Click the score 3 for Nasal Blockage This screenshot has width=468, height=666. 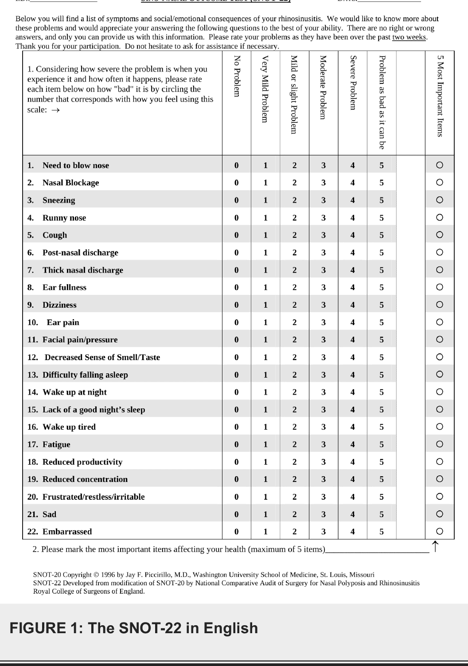pos(324,183)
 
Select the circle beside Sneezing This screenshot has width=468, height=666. pos(439,200)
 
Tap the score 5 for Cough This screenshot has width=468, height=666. pos(382,235)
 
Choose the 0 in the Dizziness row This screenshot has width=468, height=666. pos(237,305)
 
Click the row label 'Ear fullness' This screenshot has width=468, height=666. pos(64,287)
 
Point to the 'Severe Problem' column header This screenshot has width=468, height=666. pos(353,82)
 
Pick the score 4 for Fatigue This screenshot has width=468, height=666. pos(353,444)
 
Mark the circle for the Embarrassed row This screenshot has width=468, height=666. pos(439,531)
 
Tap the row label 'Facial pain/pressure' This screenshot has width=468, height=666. pos(80,340)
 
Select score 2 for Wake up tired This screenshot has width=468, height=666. pos(295,427)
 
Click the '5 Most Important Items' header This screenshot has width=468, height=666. pos(440,95)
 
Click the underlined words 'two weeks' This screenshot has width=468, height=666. pos(409,37)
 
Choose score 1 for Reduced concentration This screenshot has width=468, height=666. pos(265,479)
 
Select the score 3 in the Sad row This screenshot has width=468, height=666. pos(324,514)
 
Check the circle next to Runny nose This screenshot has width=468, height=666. pos(439,217)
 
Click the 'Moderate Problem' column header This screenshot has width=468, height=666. pos(324,87)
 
